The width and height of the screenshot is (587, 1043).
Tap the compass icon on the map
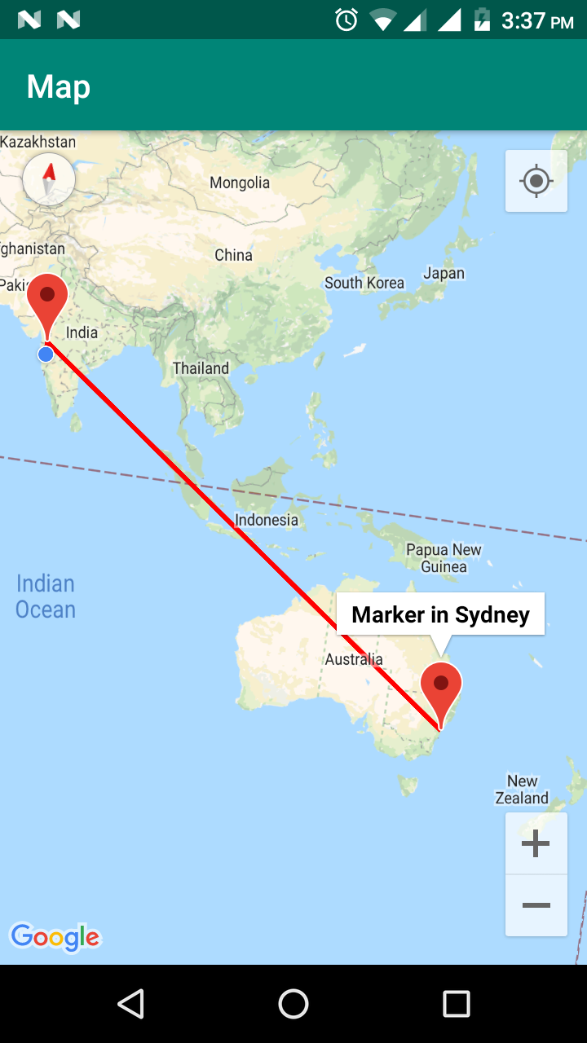click(x=49, y=179)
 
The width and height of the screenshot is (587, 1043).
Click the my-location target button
click(x=536, y=181)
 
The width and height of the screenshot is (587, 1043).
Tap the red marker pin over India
click(x=47, y=301)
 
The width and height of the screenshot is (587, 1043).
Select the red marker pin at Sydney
click(x=441, y=689)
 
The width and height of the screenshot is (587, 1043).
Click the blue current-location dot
click(x=46, y=354)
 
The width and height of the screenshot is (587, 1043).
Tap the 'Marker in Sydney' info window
click(x=440, y=614)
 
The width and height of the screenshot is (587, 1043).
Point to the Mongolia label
click(x=240, y=183)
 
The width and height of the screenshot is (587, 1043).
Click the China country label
click(x=233, y=255)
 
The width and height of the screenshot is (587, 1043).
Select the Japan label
click(x=444, y=274)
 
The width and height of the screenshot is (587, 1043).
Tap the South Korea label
click(x=364, y=283)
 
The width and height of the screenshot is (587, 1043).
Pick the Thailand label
click(x=201, y=368)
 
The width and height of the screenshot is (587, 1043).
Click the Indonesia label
click(x=267, y=520)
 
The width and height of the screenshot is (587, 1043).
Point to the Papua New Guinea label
click(x=444, y=558)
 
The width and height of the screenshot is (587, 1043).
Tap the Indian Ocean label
click(x=46, y=596)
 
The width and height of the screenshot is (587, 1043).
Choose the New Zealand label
click(x=522, y=790)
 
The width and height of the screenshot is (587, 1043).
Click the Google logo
click(x=55, y=937)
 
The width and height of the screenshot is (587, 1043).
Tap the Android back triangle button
click(x=130, y=1004)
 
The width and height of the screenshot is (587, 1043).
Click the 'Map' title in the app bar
click(x=58, y=86)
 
